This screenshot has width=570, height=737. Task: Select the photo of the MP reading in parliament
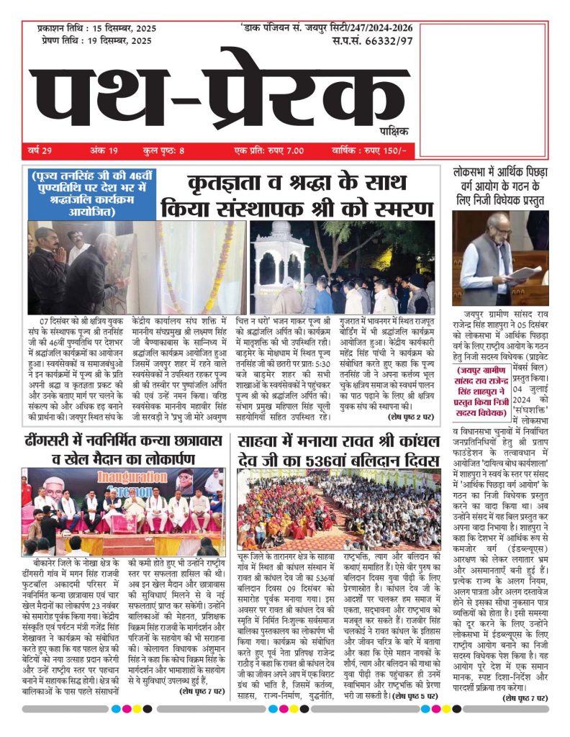click(500, 258)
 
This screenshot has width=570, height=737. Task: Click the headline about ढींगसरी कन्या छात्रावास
click(122, 451)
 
